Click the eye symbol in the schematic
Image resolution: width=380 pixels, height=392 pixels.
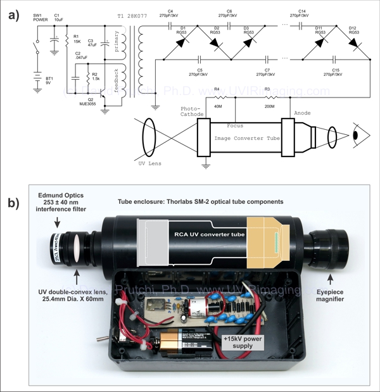click(x=355, y=136)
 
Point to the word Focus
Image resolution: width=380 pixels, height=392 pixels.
click(x=235, y=125)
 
